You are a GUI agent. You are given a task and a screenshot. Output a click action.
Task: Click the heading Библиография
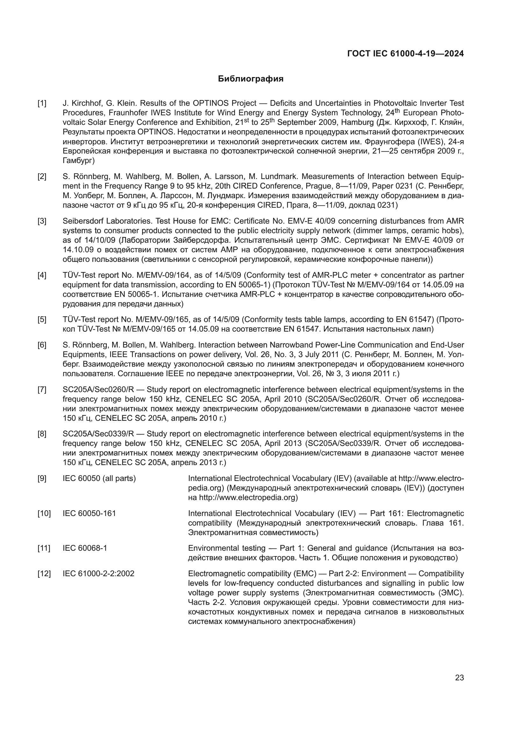[250, 79]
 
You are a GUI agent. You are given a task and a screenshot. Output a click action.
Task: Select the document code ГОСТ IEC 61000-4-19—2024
[405, 54]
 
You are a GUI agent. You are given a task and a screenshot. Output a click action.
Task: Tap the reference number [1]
[42, 104]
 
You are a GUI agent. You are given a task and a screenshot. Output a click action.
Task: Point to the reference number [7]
[42, 390]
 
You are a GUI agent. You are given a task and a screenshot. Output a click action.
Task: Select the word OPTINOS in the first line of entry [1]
[211, 104]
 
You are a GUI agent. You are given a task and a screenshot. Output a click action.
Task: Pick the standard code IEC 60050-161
[89, 514]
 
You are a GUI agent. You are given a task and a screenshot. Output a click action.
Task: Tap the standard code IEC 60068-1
[85, 548]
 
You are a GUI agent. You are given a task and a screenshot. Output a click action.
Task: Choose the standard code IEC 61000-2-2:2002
[98, 574]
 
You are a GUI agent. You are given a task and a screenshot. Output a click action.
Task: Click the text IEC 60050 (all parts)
[99, 479]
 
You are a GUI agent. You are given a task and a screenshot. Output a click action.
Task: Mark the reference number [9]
[42, 479]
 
